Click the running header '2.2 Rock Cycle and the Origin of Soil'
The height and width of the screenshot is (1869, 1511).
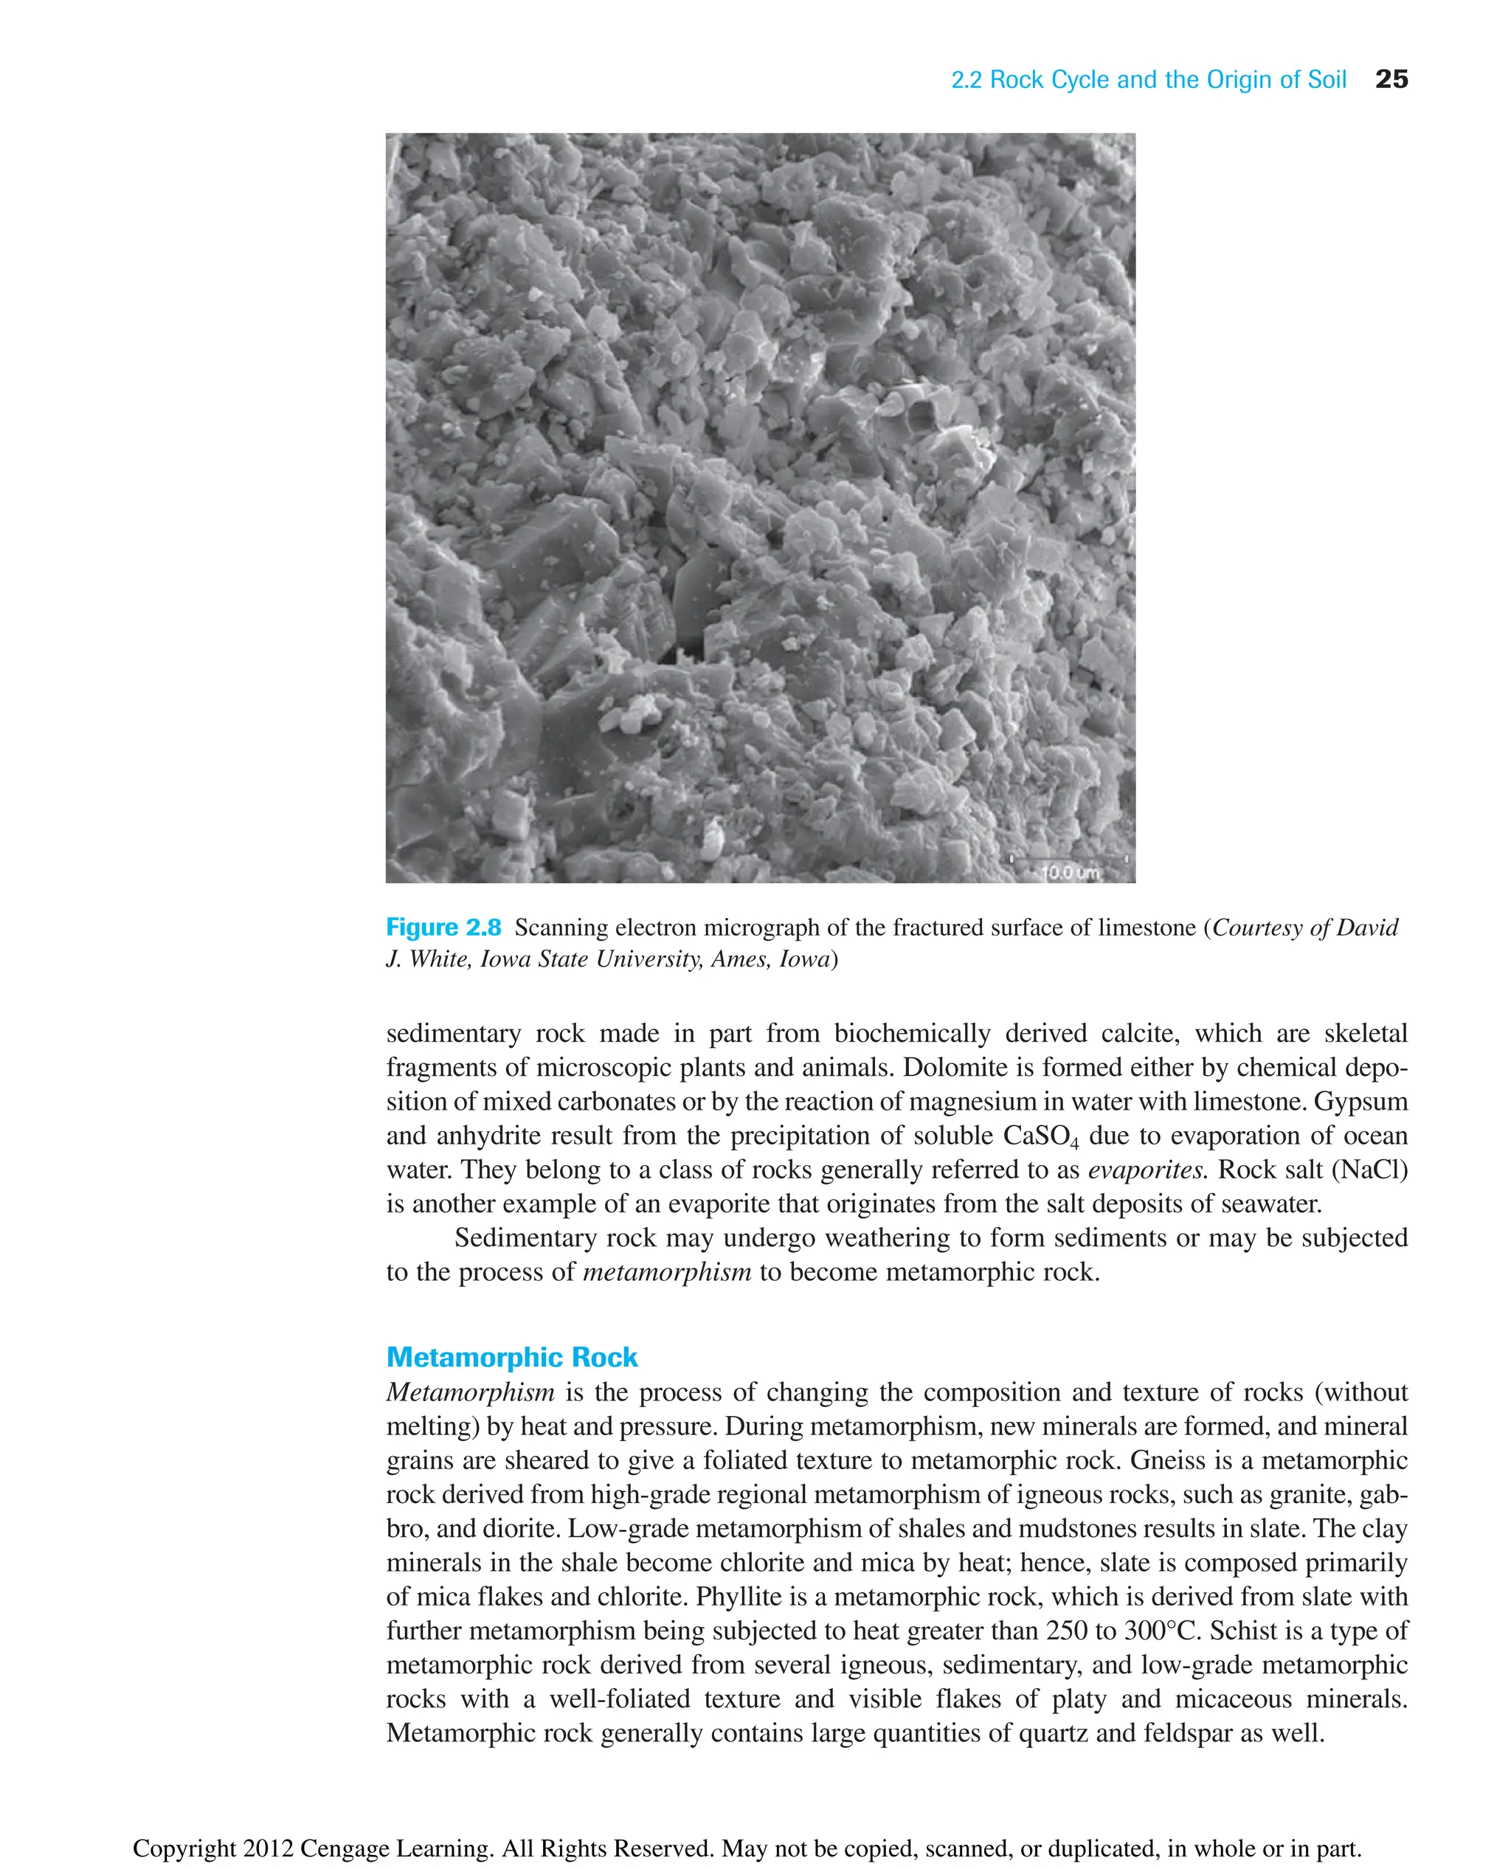(x=1148, y=80)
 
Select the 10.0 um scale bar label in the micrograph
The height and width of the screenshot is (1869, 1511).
(x=1071, y=872)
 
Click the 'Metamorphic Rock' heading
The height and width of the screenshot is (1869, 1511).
(x=512, y=1357)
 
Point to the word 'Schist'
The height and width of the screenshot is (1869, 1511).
(x=1250, y=1631)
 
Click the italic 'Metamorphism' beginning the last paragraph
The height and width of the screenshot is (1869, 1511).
(x=470, y=1392)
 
